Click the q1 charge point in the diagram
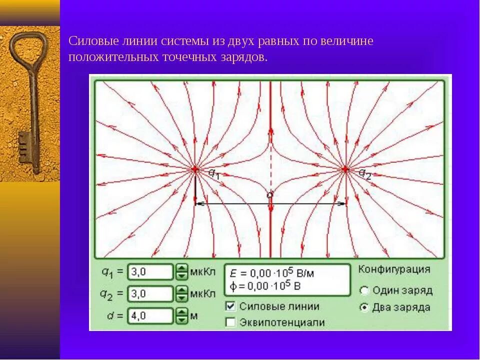pos(195,169)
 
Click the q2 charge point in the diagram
pos(345,169)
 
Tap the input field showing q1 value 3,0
pos(150,272)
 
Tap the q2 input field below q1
pos(150,293)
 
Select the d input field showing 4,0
pos(150,315)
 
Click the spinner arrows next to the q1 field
pos(181,272)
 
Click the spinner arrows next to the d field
pos(181,315)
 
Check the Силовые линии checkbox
pos(230,306)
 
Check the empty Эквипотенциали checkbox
pos(230,322)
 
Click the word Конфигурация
pos(394,269)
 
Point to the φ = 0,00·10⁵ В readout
pos(265,286)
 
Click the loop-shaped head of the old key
pos(27,47)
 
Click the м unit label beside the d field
pos(193,315)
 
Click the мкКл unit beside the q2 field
pos(202,293)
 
